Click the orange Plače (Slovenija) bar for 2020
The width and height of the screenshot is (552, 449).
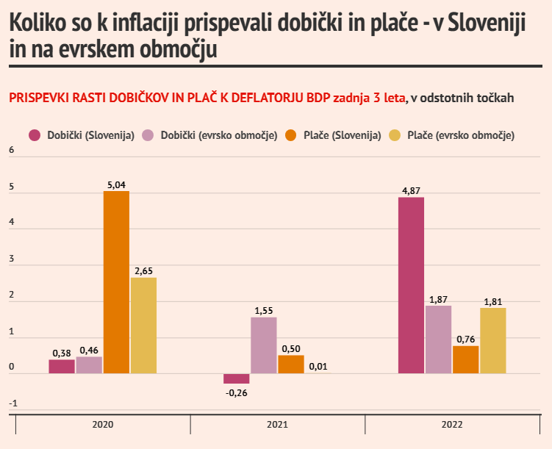pos(116,282)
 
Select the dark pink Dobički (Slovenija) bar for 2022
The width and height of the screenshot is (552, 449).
pos(411,285)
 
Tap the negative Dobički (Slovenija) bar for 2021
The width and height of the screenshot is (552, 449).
pos(237,378)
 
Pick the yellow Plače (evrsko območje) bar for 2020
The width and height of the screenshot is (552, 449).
pos(143,325)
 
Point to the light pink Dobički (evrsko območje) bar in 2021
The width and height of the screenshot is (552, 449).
pos(264,345)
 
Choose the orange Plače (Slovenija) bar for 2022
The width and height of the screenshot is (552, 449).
pos(466,359)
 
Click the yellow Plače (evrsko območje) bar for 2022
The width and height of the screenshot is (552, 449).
pos(493,340)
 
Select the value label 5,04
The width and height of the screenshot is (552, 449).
pos(116,184)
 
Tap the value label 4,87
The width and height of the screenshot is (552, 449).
pos(411,191)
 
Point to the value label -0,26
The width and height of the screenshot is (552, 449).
pos(237,392)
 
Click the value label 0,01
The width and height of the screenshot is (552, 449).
pos(318,366)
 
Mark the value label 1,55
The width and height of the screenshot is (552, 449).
pos(264,311)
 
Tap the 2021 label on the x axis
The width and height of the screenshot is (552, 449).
pos(277,425)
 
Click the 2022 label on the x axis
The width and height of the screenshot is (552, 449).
pos(452,425)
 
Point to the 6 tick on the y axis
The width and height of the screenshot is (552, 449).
pos(11,151)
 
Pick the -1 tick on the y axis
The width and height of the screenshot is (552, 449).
pos(11,403)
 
